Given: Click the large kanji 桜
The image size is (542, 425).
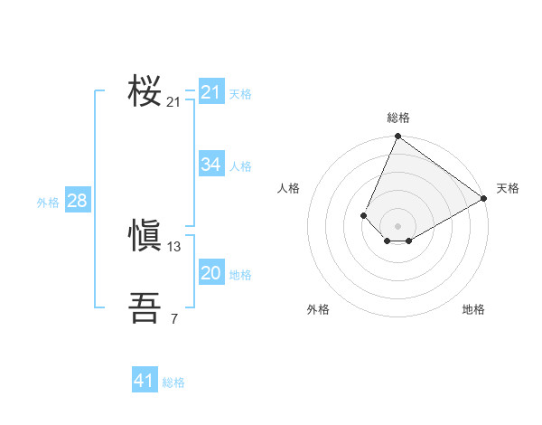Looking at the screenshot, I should (145, 91).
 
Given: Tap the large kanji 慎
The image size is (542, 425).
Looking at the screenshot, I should (145, 237).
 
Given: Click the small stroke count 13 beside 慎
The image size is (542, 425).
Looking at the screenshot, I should (174, 247).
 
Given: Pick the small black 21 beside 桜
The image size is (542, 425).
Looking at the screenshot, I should (174, 102).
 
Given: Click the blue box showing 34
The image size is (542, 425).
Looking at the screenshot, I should (211, 164).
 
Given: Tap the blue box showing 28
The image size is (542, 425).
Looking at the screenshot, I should (77, 201).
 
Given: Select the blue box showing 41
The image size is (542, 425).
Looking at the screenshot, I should (145, 381).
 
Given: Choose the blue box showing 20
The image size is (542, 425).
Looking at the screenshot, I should (211, 273).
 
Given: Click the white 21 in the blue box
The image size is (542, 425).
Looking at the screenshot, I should (211, 92).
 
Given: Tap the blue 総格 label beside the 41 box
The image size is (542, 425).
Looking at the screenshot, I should (173, 382).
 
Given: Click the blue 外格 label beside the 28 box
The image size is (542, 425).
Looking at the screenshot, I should (48, 203).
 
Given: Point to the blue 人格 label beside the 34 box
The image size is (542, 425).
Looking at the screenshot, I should (240, 166).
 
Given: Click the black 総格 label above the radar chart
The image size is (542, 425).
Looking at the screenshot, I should (398, 118).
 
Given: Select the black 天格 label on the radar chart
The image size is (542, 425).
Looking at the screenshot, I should (508, 189).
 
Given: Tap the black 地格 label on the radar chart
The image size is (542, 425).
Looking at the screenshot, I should (473, 309).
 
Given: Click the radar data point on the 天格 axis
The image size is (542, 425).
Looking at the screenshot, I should (484, 198).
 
